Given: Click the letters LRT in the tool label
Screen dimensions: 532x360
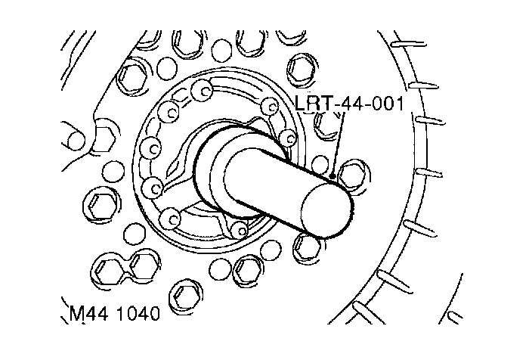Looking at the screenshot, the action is point(313,104).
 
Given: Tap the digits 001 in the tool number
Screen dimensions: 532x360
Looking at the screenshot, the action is point(387,104).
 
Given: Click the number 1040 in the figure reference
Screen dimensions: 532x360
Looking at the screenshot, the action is point(138,313).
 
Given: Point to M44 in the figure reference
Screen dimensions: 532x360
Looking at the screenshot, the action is point(89,313).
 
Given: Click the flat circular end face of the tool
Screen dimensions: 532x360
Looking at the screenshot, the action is point(326,209).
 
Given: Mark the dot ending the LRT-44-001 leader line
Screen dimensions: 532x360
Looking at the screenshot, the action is point(332,177).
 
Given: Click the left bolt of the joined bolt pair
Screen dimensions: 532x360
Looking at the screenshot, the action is point(105,268).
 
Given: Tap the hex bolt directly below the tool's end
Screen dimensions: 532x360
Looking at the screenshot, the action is point(306,247).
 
